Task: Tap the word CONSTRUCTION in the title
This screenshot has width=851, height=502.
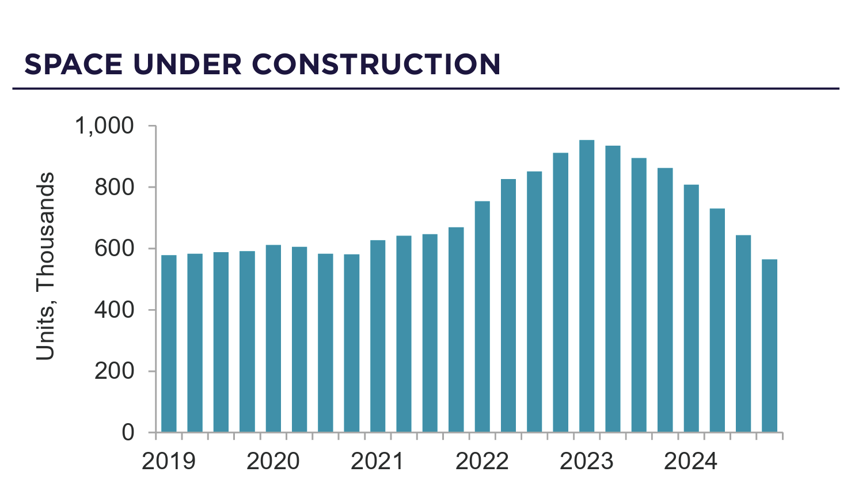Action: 376,64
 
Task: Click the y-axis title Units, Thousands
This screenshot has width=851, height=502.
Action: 45,266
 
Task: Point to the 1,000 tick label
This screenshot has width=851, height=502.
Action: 104,126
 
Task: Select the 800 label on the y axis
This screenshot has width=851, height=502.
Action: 114,187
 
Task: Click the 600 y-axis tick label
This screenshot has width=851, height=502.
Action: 114,249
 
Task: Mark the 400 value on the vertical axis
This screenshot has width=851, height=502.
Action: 114,310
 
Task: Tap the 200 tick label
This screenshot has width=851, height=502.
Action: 114,371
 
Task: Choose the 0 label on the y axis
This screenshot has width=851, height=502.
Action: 127,432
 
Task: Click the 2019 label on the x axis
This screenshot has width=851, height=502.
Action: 168,462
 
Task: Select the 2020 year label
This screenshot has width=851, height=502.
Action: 273,462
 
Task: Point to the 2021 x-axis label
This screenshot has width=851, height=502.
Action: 377,462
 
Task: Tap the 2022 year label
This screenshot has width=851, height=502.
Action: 482,462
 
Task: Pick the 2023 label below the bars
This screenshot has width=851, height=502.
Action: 586,462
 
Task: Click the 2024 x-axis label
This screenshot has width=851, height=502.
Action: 690,462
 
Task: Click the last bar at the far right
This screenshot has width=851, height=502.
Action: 769,345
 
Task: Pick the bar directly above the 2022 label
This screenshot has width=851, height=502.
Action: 482,317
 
